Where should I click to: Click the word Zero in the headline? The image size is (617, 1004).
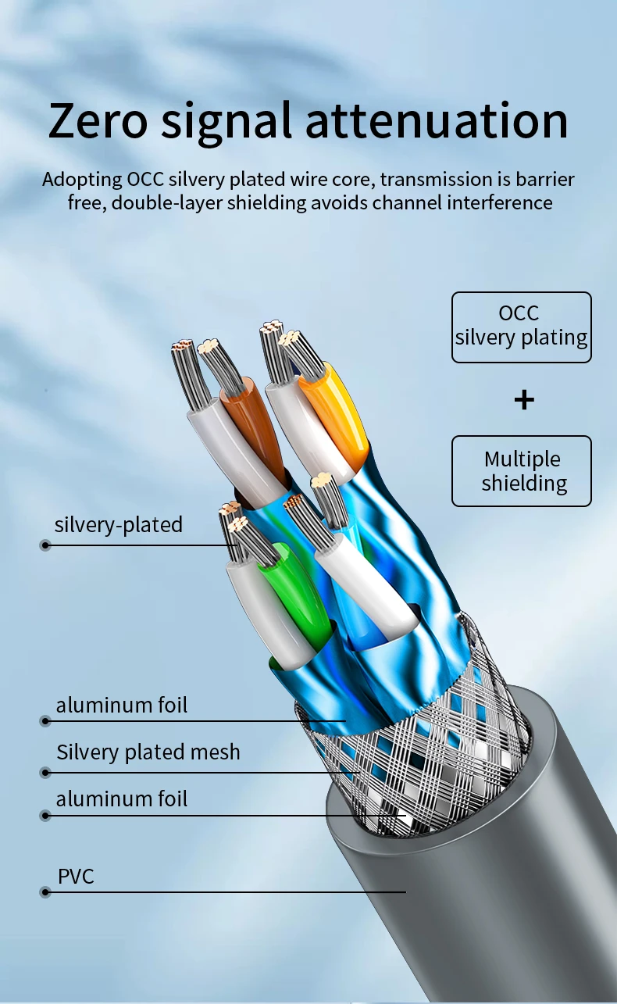point(98,120)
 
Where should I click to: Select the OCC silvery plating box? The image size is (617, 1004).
point(522,327)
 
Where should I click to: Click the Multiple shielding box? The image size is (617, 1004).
point(522,471)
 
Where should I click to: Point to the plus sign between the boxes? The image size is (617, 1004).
point(524,400)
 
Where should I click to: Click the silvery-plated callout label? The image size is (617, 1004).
point(119,524)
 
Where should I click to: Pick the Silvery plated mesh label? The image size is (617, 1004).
point(148,752)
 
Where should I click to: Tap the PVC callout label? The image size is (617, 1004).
point(77,877)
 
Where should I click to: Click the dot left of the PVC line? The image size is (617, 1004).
point(45,892)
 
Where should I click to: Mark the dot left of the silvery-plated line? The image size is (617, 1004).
point(45,545)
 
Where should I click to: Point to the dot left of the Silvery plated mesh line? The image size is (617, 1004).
point(45,773)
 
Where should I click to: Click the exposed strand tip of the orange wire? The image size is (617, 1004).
point(290,339)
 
